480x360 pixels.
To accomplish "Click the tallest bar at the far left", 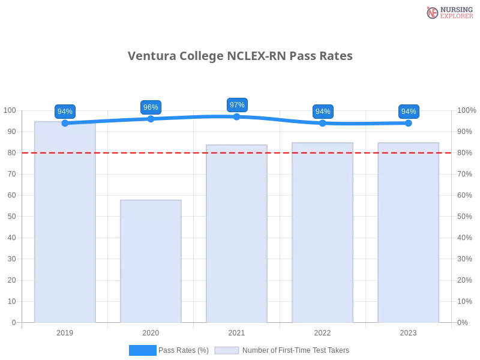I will [65, 222].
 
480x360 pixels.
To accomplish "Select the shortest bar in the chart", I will [151, 261].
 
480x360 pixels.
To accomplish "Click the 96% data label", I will [151, 107].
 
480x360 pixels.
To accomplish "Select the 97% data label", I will [237, 105].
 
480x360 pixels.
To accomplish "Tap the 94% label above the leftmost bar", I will [65, 112].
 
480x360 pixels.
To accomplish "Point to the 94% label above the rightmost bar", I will [409, 112].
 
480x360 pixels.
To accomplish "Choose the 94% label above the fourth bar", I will [323, 112].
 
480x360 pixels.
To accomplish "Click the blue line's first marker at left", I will [65, 123].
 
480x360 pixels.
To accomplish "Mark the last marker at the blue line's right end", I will [409, 123].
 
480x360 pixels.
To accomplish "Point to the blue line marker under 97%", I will [237, 116].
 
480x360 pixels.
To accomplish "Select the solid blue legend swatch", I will [143, 350].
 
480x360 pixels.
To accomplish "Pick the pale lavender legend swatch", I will [227, 350].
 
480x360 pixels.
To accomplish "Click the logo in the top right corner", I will [448, 12].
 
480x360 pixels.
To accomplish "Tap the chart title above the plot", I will [240, 56].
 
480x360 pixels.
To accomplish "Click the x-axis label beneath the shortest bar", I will [151, 331].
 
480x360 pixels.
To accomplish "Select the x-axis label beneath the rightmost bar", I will [408, 331].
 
